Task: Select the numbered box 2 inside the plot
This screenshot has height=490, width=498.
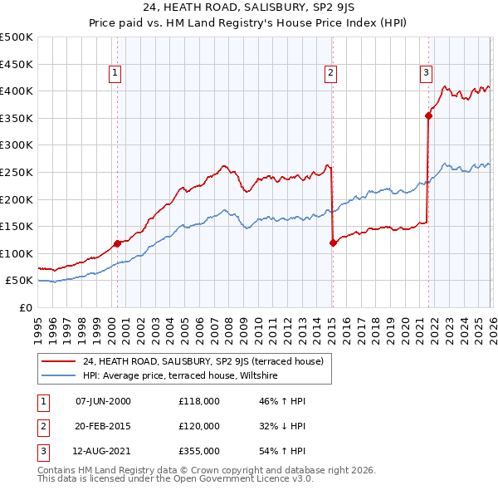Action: (330, 73)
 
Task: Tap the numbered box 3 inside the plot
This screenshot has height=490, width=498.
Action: (426, 73)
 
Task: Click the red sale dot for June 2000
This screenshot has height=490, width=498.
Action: (117, 243)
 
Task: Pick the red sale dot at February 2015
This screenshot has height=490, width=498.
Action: (333, 243)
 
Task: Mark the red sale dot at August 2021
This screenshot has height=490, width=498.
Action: (428, 115)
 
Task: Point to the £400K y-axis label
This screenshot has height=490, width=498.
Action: (17, 91)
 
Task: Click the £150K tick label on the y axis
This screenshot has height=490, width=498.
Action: (17, 227)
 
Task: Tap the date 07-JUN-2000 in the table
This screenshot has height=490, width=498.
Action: (103, 401)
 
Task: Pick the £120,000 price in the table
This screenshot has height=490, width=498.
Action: (199, 426)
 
